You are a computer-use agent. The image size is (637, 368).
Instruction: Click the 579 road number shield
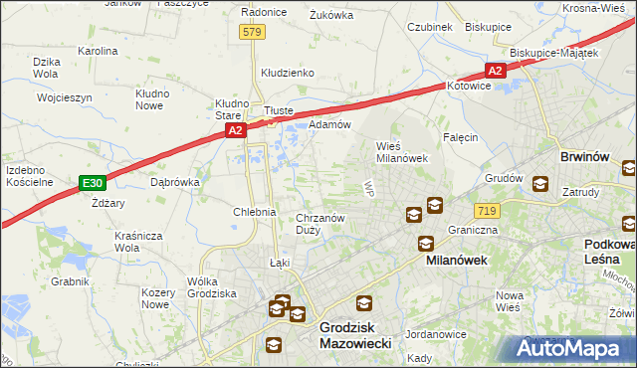pos(252,33)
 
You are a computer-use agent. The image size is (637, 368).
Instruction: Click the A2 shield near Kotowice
pos(496,71)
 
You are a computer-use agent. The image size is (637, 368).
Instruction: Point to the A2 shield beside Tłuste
pos(235,130)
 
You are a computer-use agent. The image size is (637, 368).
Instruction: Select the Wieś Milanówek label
pos(401,151)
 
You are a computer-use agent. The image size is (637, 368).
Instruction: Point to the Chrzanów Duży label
pos(321,224)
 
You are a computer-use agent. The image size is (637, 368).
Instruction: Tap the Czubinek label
pos(430,27)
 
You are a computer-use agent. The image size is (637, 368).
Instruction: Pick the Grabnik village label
pos(70,281)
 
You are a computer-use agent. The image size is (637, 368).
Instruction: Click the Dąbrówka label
pos(174,182)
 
